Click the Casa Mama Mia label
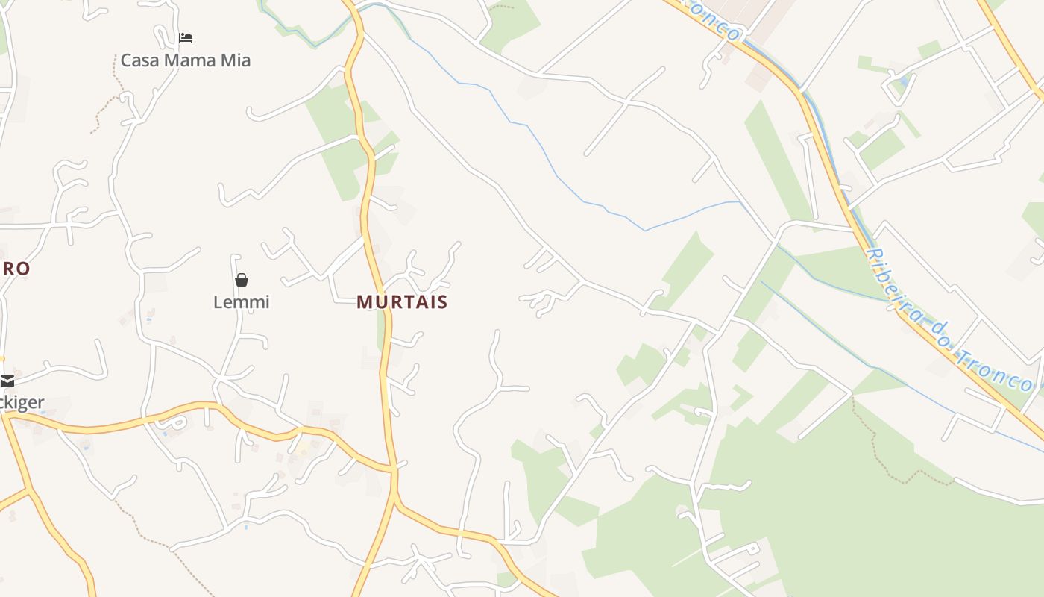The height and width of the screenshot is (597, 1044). click(186, 60)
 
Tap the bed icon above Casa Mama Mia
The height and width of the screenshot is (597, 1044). click(186, 37)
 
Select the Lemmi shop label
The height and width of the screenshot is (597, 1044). click(241, 302)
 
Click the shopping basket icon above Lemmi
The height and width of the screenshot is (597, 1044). click(241, 280)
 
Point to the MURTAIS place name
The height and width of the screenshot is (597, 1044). click(402, 302)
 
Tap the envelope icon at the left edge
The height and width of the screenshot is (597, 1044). click(7, 381)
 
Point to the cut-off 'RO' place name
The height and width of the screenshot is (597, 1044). click(15, 269)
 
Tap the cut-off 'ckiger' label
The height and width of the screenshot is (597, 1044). click(22, 403)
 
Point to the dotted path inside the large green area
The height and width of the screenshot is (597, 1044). click(887, 455)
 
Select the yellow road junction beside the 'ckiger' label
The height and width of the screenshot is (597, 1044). click(6, 416)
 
